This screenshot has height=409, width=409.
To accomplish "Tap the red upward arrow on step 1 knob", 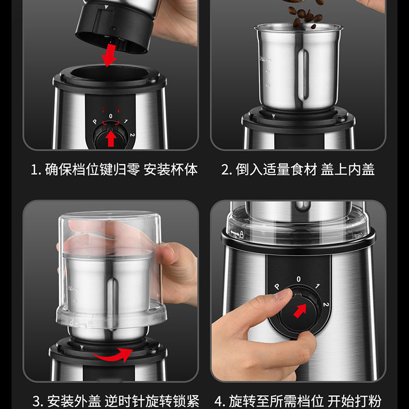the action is [111, 138].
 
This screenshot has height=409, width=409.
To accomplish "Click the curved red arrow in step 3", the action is [113, 355].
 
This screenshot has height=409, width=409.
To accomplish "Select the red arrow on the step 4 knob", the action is [300, 311].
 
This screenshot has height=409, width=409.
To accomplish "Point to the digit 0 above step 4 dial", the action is [298, 279].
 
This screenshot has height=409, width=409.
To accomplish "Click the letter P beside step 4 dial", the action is [277, 287].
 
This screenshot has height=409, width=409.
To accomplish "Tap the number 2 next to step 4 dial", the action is [326, 304].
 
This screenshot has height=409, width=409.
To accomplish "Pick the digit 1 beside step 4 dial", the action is [317, 286].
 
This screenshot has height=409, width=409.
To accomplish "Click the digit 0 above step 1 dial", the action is [111, 116].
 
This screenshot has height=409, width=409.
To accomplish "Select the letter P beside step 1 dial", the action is [95, 122].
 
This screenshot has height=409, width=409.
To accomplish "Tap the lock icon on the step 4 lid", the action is [242, 234].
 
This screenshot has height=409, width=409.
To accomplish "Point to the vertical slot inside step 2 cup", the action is [303, 75].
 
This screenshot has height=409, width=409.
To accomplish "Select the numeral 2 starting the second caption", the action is [225, 169].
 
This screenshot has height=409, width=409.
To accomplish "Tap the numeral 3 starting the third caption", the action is [37, 401].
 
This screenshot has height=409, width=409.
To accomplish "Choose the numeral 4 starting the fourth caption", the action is [218, 401].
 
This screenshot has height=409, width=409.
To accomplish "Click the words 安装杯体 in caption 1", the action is [171, 169].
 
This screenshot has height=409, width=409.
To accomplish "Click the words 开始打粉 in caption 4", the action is [355, 401].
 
